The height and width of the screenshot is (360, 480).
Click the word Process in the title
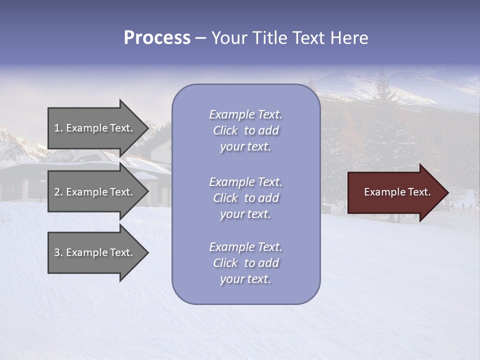click(157, 38)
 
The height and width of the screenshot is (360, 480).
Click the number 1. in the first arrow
click(58, 128)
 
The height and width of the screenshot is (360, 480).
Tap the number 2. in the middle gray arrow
click(58, 192)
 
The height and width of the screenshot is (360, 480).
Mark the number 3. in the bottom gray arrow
click(58, 252)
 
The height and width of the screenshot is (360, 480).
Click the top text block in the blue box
click(245, 130)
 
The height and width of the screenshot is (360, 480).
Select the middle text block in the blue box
click(245, 198)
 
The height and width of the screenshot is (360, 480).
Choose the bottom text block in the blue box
click(245, 263)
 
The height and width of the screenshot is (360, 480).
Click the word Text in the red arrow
click(418, 192)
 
